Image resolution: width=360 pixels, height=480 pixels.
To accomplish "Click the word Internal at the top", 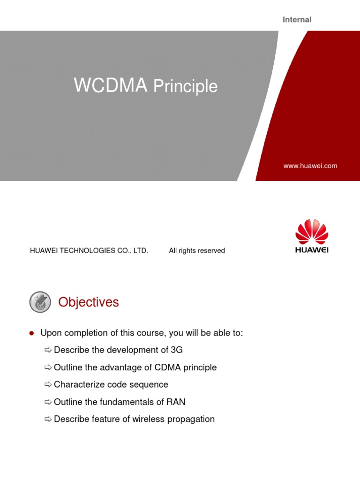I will tap(297, 20).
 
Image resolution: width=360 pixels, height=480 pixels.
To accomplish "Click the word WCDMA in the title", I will tap(111, 86).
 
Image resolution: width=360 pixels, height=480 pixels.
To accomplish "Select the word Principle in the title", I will tap(186, 87).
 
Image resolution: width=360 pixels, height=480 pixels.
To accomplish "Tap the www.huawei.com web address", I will tap(310, 166).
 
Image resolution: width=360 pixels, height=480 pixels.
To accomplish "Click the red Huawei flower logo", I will tap(312, 231).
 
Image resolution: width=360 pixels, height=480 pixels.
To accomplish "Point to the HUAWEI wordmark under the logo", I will tap(312, 250).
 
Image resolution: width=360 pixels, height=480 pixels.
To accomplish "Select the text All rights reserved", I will tap(197, 251).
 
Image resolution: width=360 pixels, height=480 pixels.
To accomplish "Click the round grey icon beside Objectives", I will tap(41, 302).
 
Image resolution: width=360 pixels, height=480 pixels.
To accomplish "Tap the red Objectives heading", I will tap(89, 302).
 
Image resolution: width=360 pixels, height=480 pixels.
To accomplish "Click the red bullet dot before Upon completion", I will tap(32, 333).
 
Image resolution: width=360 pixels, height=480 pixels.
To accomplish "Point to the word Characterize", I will tap(78, 385).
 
